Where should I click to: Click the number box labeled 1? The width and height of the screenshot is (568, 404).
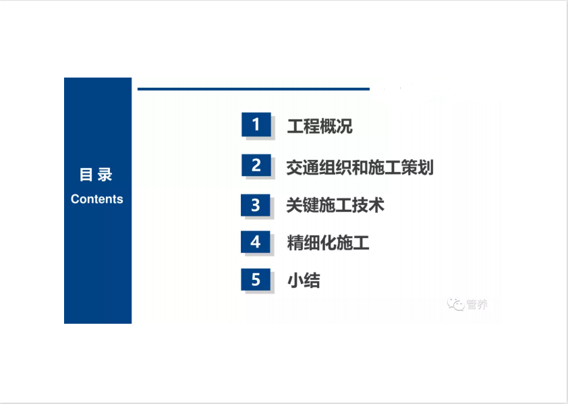(x=256, y=124)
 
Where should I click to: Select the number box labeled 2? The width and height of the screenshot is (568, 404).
(x=256, y=165)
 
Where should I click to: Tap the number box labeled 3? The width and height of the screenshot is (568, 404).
(x=256, y=205)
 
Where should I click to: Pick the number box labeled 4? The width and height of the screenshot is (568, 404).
(x=256, y=241)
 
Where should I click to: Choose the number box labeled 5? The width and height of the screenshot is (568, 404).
(x=256, y=279)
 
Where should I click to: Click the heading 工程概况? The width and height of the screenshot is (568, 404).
(x=320, y=126)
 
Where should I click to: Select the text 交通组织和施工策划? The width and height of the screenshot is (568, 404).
(x=360, y=167)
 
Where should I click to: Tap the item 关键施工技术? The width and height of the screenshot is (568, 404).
(x=335, y=205)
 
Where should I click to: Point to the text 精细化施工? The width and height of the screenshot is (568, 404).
(x=328, y=243)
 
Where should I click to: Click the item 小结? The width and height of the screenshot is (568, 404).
(x=304, y=281)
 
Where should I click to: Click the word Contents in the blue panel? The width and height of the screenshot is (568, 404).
(x=96, y=199)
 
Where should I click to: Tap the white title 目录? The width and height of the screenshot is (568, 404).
(x=96, y=175)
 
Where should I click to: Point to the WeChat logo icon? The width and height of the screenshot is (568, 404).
(x=455, y=304)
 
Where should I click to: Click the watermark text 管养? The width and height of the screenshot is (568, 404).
(x=477, y=304)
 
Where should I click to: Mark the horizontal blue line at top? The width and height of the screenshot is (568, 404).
(x=254, y=89)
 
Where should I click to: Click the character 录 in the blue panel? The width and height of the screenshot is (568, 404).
(x=105, y=175)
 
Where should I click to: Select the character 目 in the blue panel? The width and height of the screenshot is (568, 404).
(x=86, y=175)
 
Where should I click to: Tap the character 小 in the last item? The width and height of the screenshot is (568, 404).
(x=295, y=281)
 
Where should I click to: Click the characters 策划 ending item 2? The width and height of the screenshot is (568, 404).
(x=418, y=167)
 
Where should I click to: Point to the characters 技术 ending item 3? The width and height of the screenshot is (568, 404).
(x=368, y=205)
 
